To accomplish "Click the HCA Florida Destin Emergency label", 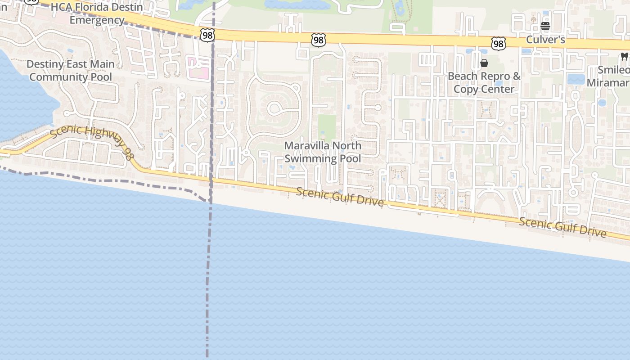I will [97, 14].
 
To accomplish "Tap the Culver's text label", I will [545, 40].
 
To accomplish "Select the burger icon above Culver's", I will [545, 26].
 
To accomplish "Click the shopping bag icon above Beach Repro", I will [484, 63].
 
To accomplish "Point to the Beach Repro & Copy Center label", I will [484, 82].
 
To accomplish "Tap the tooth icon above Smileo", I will [624, 57].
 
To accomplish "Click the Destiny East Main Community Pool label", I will [71, 71].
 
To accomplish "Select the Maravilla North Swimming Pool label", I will [323, 152].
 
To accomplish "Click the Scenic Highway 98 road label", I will [92, 142].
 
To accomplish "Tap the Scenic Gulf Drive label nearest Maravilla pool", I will [340, 197].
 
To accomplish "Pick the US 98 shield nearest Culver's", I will [498, 43].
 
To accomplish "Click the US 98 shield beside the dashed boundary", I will [208, 35].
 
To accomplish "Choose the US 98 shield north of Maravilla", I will [318, 40].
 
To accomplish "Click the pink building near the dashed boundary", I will [198, 67].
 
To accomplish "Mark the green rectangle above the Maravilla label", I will [327, 127].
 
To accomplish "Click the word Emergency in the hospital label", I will [97, 20].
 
